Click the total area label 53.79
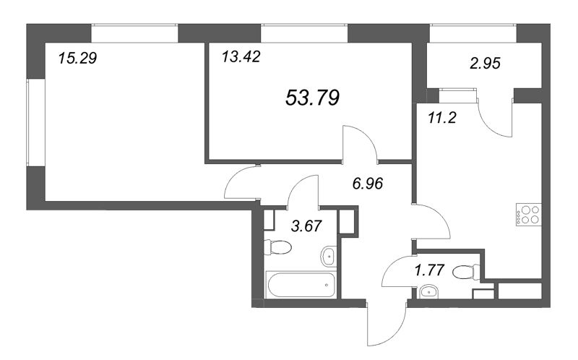[x=313, y=96]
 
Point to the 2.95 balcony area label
[x=485, y=63]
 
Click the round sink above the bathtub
[x=328, y=255]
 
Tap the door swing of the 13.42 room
[x=361, y=141]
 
